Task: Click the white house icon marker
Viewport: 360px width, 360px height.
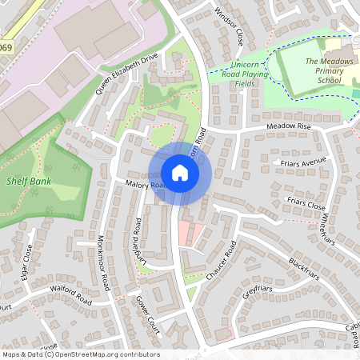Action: click(x=180, y=173)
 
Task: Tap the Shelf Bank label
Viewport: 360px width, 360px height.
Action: click(x=28, y=181)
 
